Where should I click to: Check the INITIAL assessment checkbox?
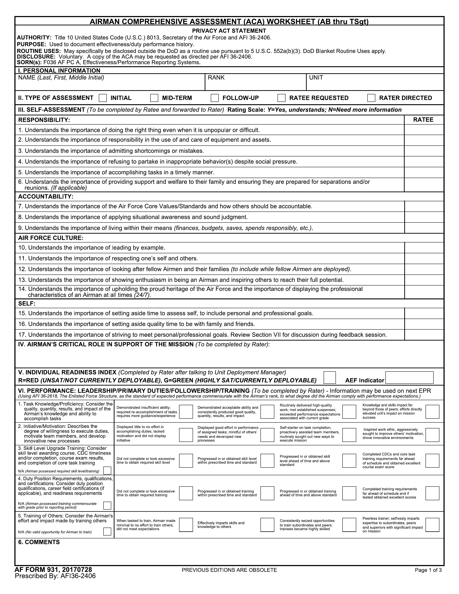pos(103,98)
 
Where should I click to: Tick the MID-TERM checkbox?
pos(154,98)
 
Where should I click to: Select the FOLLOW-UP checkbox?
pos(215,98)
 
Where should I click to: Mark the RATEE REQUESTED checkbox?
pos(282,98)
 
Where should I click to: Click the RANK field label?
pos(216,78)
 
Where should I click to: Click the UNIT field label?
pos(316,78)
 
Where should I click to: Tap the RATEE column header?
pos(423,120)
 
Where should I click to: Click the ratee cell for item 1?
pos(424,130)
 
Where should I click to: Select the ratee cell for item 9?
pos(424,228)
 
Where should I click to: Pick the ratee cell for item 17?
pos(424,335)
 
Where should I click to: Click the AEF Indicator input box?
pos(409,377)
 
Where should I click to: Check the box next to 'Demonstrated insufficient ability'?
pos(186,412)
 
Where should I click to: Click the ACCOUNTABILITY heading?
pos(46,197)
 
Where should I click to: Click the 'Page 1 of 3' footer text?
pos(428,570)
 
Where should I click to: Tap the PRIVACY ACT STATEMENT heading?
pos(229,31)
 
